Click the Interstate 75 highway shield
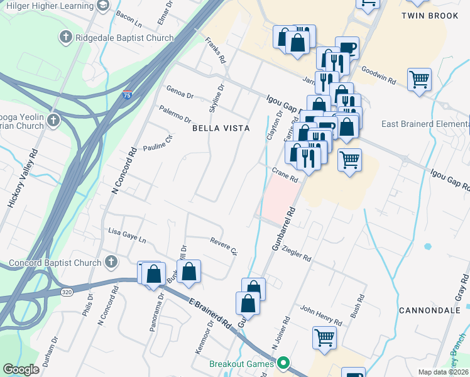coord(128,96)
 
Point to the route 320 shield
coord(67,292)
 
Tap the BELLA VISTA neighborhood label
coord(221,128)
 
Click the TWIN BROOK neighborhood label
coord(430,15)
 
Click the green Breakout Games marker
coord(283,363)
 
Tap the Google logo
coord(21,369)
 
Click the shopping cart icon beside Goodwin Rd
coord(419,80)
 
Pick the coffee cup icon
coord(347,47)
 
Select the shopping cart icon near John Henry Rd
coord(324,338)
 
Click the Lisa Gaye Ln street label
coord(127,236)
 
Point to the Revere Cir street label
coord(222,245)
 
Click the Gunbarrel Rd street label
coord(283,229)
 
